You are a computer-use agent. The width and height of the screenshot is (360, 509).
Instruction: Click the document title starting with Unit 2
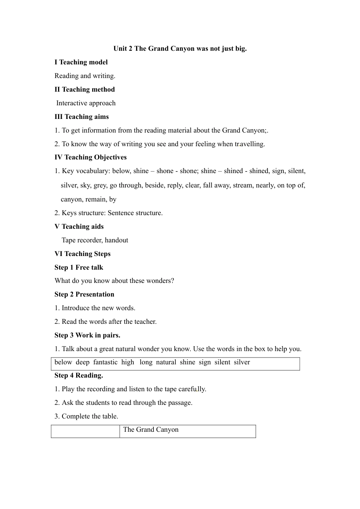coord(180,48)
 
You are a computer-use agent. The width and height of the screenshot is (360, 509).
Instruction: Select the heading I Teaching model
coord(81,62)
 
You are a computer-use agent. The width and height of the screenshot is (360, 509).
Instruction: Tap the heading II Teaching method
coord(85,89)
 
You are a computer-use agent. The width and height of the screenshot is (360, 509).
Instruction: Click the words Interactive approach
coord(86,103)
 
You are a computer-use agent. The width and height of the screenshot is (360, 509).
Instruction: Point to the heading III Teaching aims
coord(81,117)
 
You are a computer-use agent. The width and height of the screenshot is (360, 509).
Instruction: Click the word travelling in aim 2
coord(249,144)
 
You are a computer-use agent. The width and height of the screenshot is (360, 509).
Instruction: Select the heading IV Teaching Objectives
coord(91,157)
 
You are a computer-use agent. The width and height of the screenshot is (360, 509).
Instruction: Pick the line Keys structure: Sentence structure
coord(109,213)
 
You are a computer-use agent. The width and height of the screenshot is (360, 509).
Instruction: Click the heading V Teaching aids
coord(79,226)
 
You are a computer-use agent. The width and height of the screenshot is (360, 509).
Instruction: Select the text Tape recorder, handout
coord(95,240)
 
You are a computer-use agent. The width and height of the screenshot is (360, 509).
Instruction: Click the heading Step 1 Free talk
coord(79,267)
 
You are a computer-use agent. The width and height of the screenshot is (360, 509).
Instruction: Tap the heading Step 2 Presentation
coord(84,294)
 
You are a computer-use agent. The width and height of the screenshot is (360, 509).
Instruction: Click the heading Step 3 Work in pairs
coord(87,335)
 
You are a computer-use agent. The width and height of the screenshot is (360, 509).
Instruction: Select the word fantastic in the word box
coord(105,362)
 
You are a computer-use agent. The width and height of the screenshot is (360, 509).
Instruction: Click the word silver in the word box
coord(242,362)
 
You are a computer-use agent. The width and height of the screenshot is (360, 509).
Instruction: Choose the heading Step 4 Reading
coord(79,375)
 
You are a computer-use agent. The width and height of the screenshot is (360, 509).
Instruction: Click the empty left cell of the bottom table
coord(85,431)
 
